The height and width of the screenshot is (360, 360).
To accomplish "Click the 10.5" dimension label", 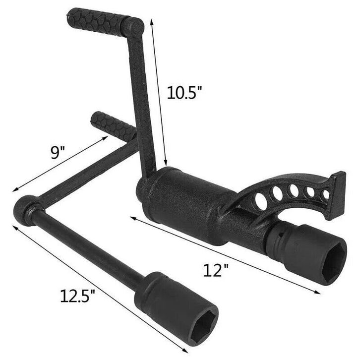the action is click(x=184, y=92).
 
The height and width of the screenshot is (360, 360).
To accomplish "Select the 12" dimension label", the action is click(x=216, y=270).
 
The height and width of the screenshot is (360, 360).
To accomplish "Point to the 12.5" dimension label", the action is click(x=77, y=296).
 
